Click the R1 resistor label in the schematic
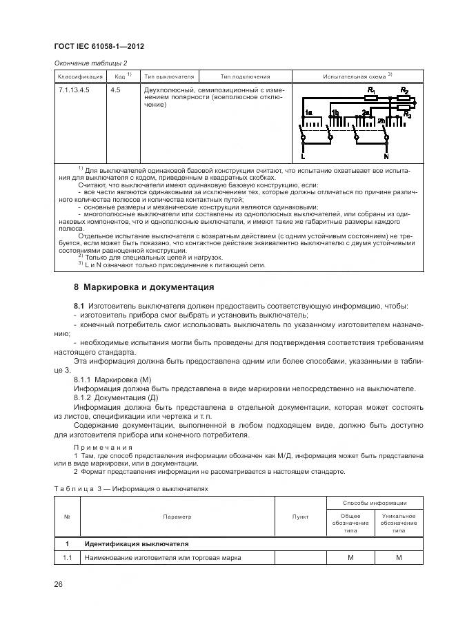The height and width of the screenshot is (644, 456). point(371,91)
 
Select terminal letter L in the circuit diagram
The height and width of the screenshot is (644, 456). point(302,156)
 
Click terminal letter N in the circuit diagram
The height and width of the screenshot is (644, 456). point(386,156)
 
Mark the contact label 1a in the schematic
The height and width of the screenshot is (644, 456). point(310,112)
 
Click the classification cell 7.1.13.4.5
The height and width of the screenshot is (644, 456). point(74,90)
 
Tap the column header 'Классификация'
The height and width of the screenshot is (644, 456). point(80,76)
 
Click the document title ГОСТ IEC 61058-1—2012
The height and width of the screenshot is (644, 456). point(99,46)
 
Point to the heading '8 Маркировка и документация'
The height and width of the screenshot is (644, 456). point(144,287)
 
